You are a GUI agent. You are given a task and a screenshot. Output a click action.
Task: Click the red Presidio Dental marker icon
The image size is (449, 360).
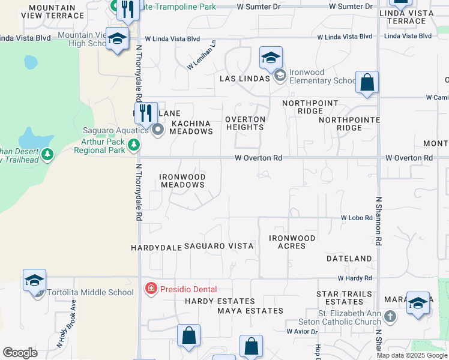coord(151,289)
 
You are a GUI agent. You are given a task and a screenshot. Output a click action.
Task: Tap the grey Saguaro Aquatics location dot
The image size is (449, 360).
coord(158,130)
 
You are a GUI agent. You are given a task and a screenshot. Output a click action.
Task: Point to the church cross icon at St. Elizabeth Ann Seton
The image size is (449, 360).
coord(390,316)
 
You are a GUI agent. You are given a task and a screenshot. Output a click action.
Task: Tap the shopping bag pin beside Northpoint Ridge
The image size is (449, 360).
coord(367,82)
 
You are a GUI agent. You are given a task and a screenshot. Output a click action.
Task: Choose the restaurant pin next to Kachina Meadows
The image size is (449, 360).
coord(146,112)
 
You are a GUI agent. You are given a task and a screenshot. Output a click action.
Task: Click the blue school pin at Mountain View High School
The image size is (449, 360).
coord(118,39)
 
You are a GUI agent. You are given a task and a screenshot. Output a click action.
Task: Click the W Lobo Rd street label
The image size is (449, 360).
coord(357,218)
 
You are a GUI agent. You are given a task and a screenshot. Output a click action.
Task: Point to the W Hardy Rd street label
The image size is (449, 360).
coord(355,278)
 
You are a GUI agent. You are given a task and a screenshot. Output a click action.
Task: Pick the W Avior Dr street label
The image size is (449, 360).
coord(301,331)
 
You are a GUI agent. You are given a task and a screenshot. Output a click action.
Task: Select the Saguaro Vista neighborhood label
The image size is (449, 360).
coord(218,246)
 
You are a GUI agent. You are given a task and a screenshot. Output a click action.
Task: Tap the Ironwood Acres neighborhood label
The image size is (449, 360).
coord(292,242)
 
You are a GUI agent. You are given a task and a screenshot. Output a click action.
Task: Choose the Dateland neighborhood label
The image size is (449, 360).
coord(349,259)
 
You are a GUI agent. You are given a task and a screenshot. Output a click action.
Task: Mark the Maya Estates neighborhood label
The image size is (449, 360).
coord(250,311)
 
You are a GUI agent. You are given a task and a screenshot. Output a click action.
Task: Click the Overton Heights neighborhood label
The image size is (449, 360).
coord(245,123)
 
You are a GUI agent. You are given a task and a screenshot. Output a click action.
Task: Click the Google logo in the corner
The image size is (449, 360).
coord(20,353)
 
